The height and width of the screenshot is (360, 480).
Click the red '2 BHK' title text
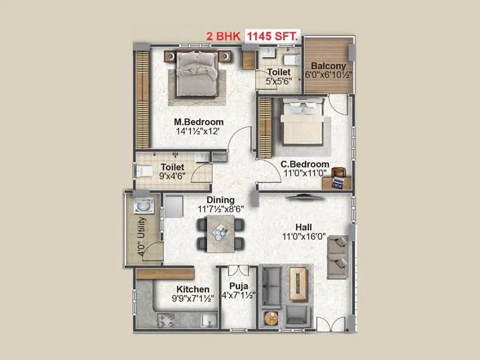[223, 35]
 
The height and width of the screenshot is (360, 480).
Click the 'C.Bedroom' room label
[305, 164]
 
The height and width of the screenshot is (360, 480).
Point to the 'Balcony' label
[328, 66]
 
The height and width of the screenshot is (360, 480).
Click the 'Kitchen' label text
[193, 289]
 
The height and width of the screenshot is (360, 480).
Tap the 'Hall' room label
[303, 227]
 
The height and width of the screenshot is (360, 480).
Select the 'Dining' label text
[220, 200]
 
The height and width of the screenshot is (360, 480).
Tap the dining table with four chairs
[221, 233]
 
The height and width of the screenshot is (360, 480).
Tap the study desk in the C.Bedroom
[338, 179]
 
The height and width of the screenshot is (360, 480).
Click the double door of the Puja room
[238, 270]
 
